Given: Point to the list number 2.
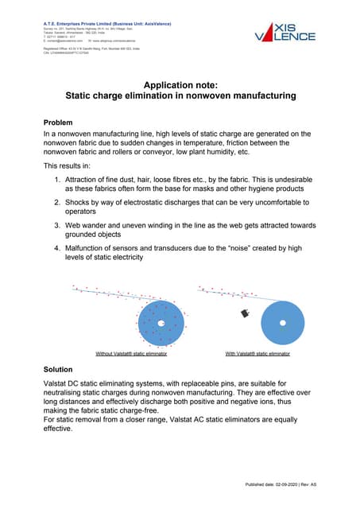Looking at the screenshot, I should click(x=56, y=203).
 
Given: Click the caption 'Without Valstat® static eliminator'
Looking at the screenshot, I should click(x=131, y=352).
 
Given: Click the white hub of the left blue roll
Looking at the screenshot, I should click(x=161, y=323).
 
